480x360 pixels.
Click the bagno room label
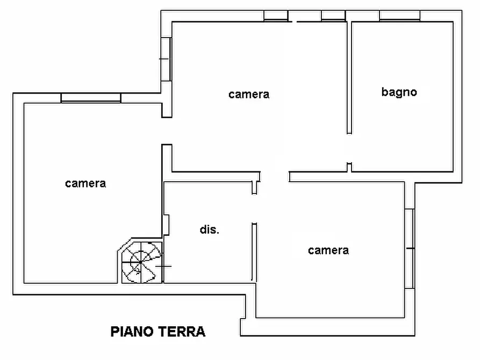click(399, 92)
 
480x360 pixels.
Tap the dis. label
click(209, 229)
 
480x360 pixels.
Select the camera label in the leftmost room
click(85, 183)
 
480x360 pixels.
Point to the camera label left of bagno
click(248, 94)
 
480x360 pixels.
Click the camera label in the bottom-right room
click(328, 250)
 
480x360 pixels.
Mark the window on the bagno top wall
click(399, 16)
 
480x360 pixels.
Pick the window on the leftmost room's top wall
click(90, 98)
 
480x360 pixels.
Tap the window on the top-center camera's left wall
click(166, 59)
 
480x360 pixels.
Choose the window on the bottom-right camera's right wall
click(410, 248)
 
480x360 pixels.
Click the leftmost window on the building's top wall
click(276, 16)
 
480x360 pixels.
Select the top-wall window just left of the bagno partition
click(333, 16)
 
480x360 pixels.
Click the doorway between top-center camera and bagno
click(349, 148)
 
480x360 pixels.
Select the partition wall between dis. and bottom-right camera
click(254, 253)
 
